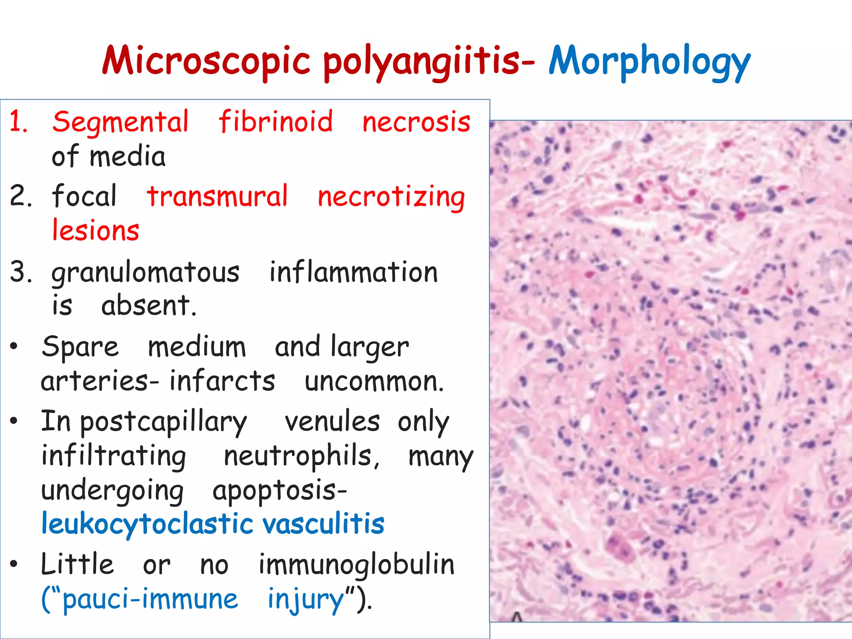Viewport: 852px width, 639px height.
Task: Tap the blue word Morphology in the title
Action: coord(649,62)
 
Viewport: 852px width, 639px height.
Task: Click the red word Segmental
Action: coord(121,122)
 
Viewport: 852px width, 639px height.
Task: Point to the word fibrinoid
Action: coord(276,121)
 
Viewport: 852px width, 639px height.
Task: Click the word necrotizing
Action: coord(391,197)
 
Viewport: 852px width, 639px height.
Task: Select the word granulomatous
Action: coord(145,272)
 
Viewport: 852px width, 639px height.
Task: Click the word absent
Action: coord(148,305)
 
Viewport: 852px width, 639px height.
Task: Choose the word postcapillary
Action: coord(163,422)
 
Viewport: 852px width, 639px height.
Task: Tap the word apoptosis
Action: coord(279,491)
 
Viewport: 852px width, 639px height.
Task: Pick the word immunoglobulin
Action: coord(357,565)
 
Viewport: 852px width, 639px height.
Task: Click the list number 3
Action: coord(20,272)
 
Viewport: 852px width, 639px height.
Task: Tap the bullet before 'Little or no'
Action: coord(14,565)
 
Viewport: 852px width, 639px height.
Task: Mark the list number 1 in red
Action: coord(19,122)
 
